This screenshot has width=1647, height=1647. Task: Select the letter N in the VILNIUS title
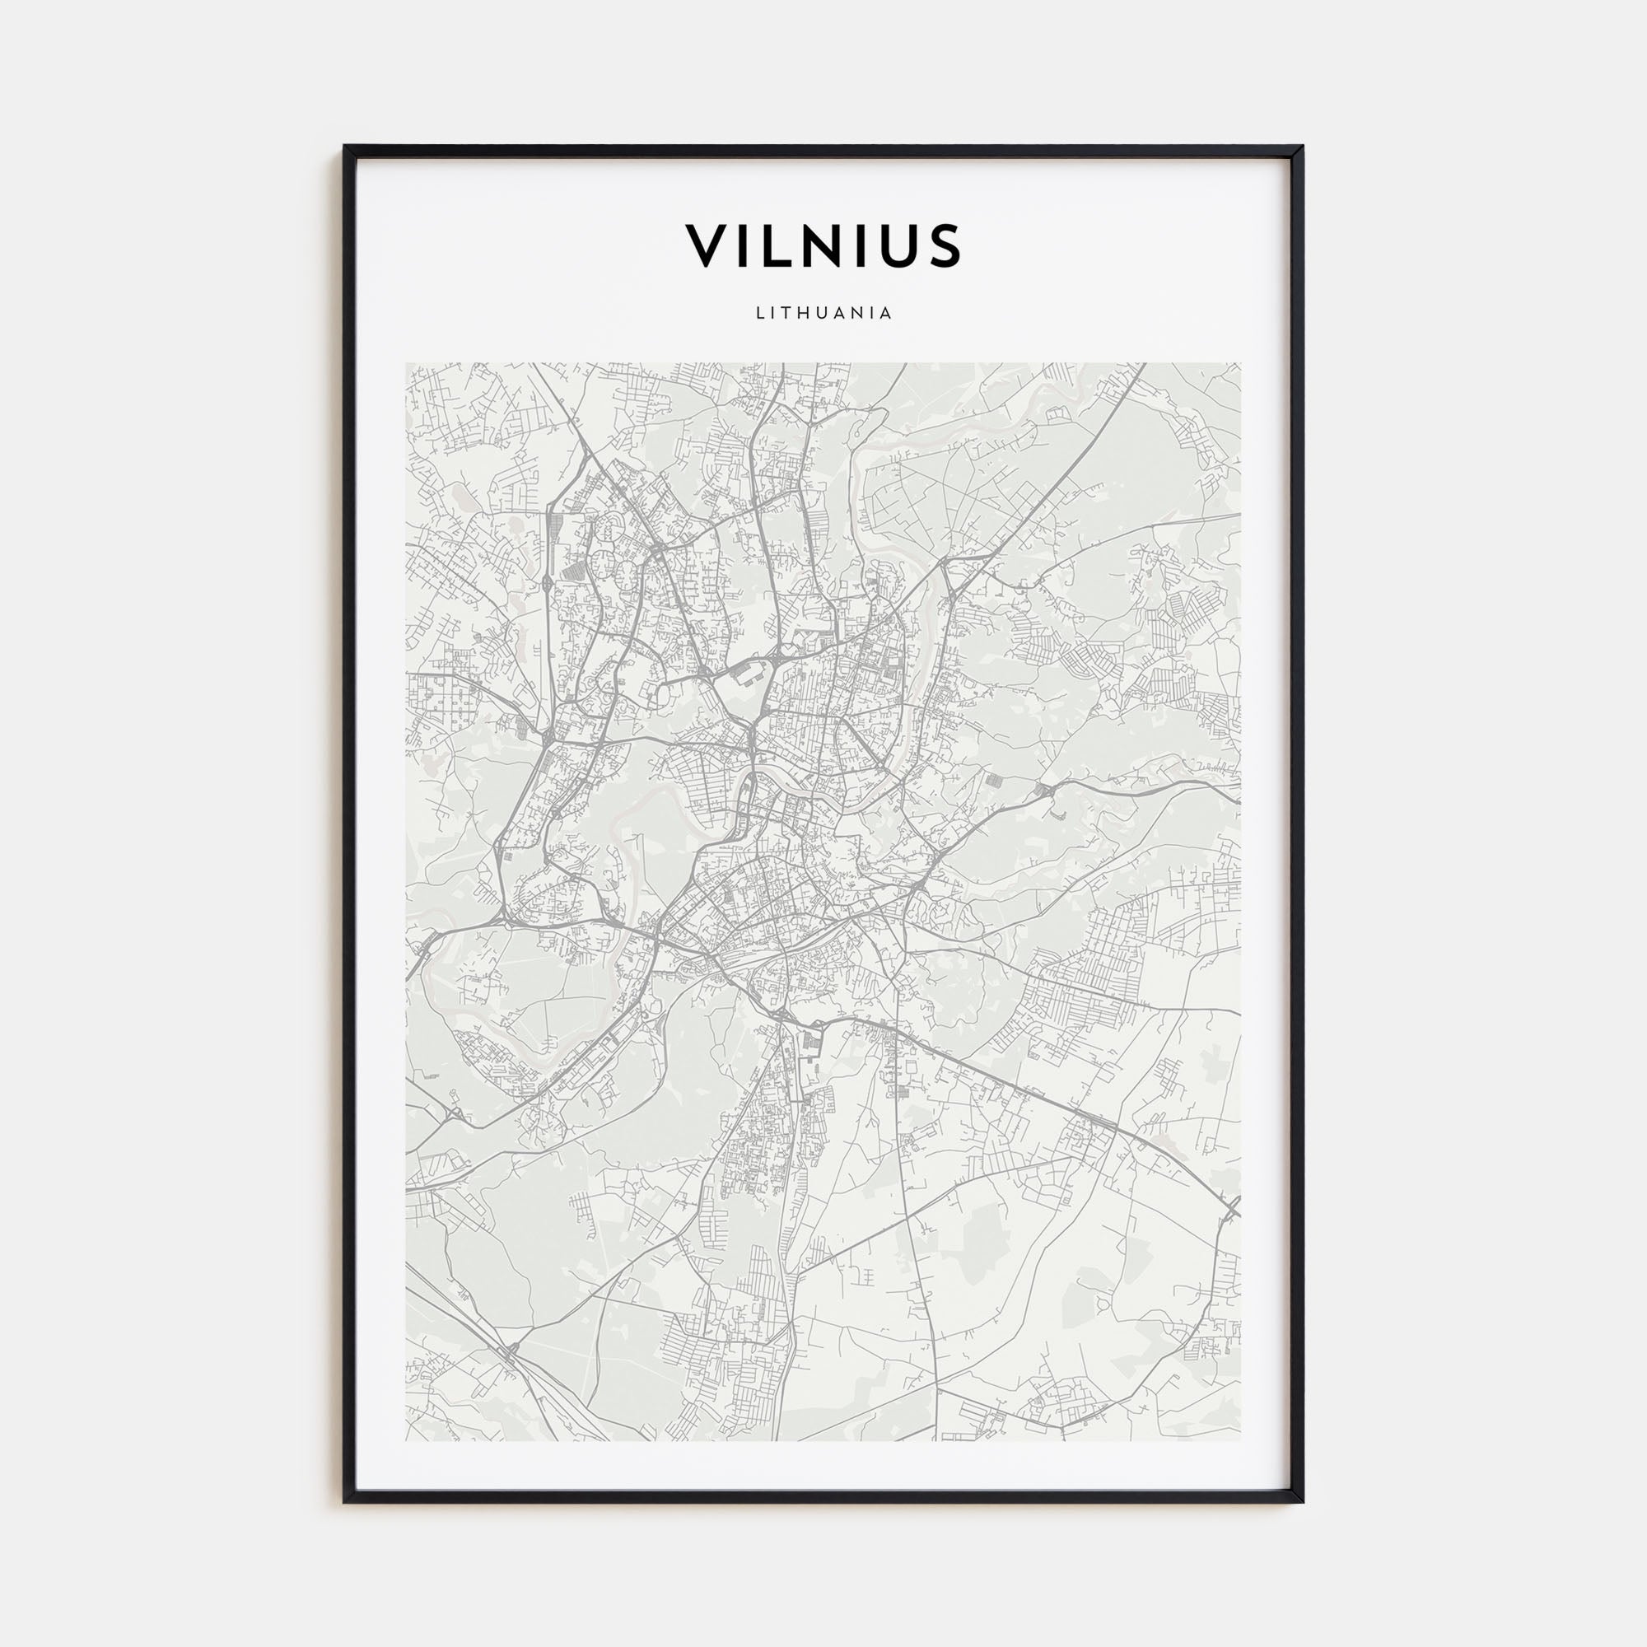823,245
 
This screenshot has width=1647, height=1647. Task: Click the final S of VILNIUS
945,245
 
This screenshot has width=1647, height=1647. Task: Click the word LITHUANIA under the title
823,313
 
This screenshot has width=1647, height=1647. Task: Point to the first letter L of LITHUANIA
758,313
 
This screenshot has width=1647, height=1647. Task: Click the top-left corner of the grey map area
406,364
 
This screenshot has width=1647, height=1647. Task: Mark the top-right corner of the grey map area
1240,364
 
